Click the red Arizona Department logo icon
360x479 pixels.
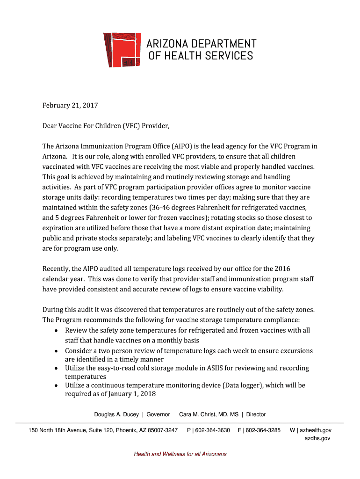tap(122, 50)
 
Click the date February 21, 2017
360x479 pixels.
tap(70, 105)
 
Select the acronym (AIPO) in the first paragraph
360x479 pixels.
tap(183, 146)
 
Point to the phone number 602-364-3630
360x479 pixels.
tap(212, 430)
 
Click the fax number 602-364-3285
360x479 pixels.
tap(263, 430)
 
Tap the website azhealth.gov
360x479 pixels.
tap(315, 430)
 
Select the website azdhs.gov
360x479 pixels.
tap(317, 438)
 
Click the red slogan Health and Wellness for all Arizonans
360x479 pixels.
tap(180, 454)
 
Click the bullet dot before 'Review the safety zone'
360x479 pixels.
tap(56, 331)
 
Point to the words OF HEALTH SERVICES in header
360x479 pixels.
tap(201, 56)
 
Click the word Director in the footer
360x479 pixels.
tap(256, 414)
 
